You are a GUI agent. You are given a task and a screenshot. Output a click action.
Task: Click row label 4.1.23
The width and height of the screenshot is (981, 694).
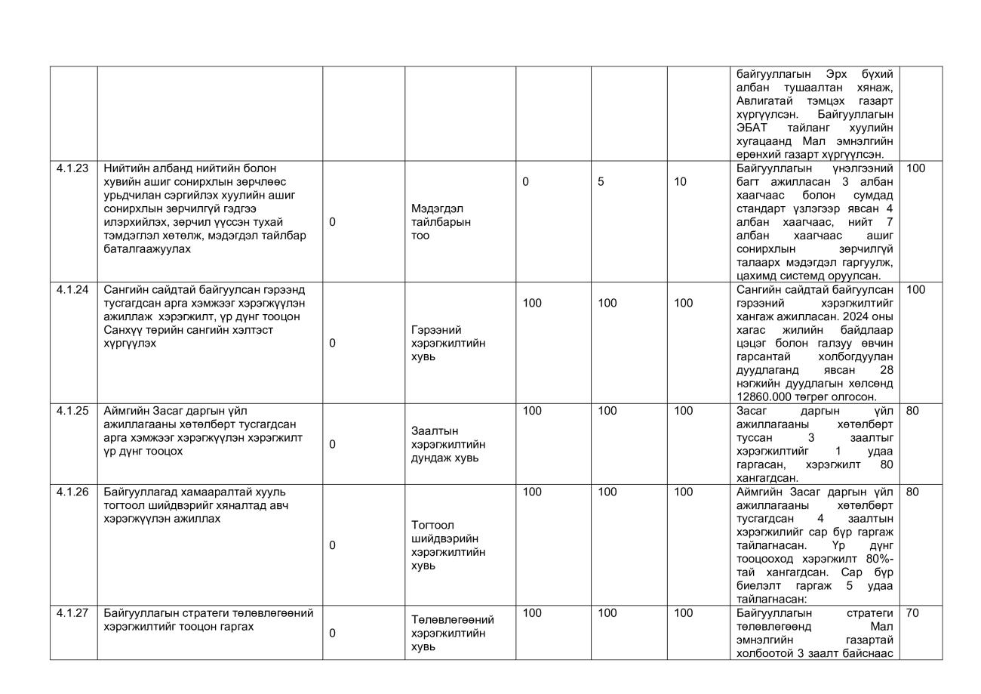pos(72,168)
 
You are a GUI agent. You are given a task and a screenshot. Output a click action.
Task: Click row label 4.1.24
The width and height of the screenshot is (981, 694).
pos(72,290)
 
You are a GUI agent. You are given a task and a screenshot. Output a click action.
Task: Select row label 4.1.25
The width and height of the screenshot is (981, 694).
pos(72,412)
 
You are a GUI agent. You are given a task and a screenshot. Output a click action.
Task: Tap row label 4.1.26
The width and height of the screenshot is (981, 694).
pos(72,492)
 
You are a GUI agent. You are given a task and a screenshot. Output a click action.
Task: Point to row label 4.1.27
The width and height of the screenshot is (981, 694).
pos(72,613)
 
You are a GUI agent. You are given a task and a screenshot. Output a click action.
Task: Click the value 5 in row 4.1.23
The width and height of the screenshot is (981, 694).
pos(601,182)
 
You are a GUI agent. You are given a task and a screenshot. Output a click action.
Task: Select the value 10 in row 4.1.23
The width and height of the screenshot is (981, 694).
pos(680,182)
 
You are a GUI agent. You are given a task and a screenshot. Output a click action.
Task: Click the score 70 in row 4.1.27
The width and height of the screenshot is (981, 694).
pos(912,613)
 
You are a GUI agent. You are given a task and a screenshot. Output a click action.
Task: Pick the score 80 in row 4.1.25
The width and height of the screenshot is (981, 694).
pos(912,412)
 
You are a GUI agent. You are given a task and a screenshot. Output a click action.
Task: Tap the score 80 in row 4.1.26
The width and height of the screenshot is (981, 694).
pos(912,492)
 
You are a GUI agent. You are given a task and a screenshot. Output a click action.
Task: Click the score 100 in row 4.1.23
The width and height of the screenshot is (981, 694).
pos(915,168)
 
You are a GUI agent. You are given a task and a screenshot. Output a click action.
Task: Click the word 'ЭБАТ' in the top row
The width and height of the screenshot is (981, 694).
pos(752,128)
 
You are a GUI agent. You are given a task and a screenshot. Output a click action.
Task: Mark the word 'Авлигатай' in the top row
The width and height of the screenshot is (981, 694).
pos(762,100)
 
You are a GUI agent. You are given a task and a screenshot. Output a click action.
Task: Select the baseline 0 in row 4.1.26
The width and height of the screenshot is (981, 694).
pos(332,545)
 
